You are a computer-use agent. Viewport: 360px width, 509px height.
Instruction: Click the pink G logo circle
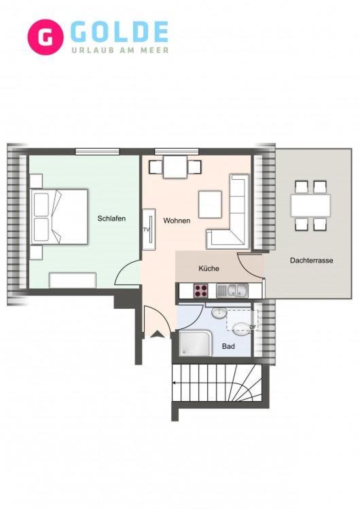[46, 37]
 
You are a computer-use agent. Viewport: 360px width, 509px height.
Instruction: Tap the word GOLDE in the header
[120, 32]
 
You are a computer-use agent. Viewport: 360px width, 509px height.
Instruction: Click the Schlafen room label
[111, 219]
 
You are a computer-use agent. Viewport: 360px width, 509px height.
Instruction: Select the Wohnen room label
[177, 221]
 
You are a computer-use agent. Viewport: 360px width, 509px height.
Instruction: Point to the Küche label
[209, 269]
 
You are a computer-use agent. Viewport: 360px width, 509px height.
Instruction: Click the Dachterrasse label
[311, 261]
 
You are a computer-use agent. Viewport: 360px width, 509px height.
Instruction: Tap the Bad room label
[228, 346]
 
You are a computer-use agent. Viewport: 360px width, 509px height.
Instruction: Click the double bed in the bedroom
[59, 216]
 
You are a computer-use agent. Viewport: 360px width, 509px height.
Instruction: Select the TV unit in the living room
[149, 229]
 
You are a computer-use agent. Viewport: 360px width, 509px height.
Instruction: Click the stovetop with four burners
[201, 290]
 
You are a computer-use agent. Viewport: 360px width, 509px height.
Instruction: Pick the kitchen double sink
[232, 290]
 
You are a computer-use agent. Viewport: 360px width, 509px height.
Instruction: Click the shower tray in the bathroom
[196, 343]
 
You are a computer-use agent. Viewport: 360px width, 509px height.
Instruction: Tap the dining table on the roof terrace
[310, 206]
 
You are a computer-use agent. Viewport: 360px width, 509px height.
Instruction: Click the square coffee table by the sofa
[210, 204]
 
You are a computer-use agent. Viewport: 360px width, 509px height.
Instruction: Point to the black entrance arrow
[158, 335]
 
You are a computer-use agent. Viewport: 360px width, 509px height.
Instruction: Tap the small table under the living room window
[175, 167]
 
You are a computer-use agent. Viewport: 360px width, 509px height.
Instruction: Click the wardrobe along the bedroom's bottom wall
[73, 280]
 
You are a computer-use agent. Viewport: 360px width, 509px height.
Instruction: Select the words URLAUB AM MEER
[120, 50]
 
